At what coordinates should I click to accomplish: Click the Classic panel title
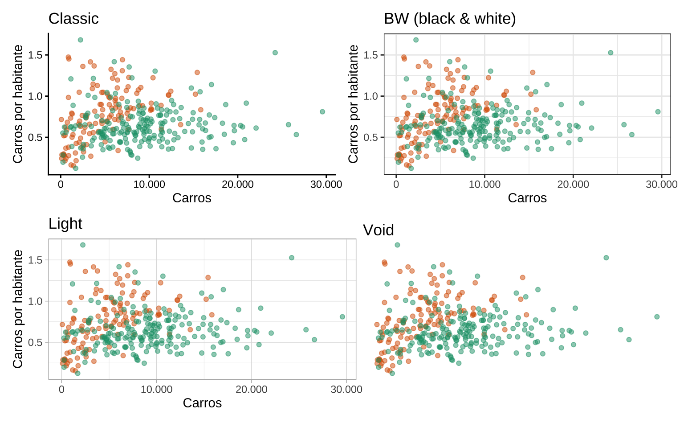coord(73,19)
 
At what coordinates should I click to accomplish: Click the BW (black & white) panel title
coord(450,19)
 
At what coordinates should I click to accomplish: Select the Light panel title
coord(65,224)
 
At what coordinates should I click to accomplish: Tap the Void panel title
coord(379,230)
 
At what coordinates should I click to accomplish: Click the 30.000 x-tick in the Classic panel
coord(326,185)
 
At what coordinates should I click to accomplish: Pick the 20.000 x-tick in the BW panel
coord(573,185)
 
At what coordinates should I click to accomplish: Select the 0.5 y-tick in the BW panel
coord(370,137)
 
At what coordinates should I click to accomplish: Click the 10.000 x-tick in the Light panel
coord(156,390)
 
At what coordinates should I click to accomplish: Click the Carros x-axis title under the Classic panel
coord(192,198)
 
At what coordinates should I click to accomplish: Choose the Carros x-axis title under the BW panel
coord(527,198)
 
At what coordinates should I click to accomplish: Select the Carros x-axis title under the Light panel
coord(202,403)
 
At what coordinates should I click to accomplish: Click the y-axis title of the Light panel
coord(18,309)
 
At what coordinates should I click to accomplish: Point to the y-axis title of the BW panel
coord(353,104)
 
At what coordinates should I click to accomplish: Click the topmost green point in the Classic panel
coord(81,40)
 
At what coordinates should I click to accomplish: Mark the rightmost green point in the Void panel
coord(657,317)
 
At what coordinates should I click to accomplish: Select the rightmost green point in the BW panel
coord(658,112)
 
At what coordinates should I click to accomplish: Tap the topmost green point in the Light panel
coord(83,245)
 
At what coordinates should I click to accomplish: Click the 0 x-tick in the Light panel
coord(61,390)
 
